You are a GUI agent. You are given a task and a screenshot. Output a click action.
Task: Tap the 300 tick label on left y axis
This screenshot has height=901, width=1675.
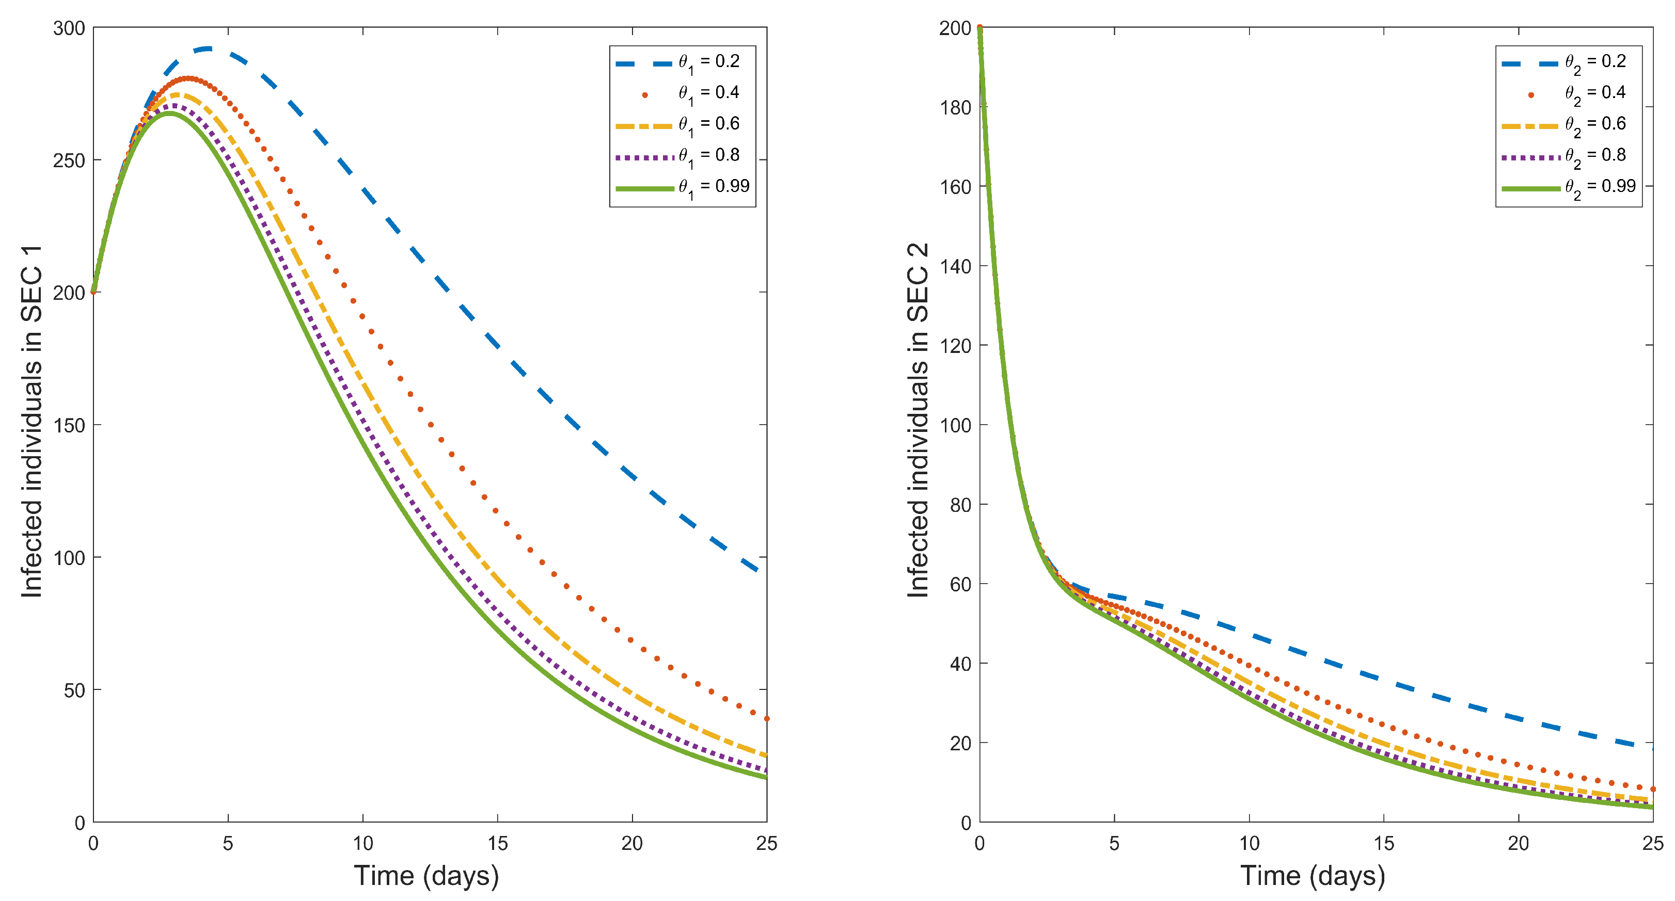pyautogui.click(x=69, y=28)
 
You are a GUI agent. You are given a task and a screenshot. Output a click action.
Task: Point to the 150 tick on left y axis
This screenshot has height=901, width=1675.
pyautogui.click(x=69, y=426)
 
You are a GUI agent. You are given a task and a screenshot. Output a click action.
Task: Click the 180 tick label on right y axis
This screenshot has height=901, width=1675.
pyautogui.click(x=955, y=108)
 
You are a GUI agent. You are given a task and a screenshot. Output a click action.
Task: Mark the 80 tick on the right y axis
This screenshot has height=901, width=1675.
pyautogui.click(x=960, y=505)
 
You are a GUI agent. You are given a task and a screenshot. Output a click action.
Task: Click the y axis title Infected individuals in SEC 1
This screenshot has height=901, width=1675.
pyautogui.click(x=31, y=421)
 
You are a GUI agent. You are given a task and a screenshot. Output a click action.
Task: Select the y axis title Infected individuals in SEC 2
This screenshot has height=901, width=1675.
pyautogui.click(x=918, y=421)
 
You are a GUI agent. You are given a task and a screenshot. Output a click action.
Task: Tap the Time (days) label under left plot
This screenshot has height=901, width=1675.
pyautogui.click(x=426, y=876)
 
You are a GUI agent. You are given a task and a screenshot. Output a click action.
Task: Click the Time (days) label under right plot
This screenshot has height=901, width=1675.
pyautogui.click(x=1312, y=876)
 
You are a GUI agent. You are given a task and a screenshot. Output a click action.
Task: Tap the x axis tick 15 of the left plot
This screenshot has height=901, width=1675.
pyautogui.click(x=497, y=843)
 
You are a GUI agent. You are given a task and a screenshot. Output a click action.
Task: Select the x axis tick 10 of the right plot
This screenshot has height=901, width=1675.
pyautogui.click(x=1249, y=843)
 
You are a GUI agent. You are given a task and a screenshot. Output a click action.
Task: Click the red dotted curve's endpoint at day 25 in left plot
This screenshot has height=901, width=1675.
pyautogui.click(x=767, y=718)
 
